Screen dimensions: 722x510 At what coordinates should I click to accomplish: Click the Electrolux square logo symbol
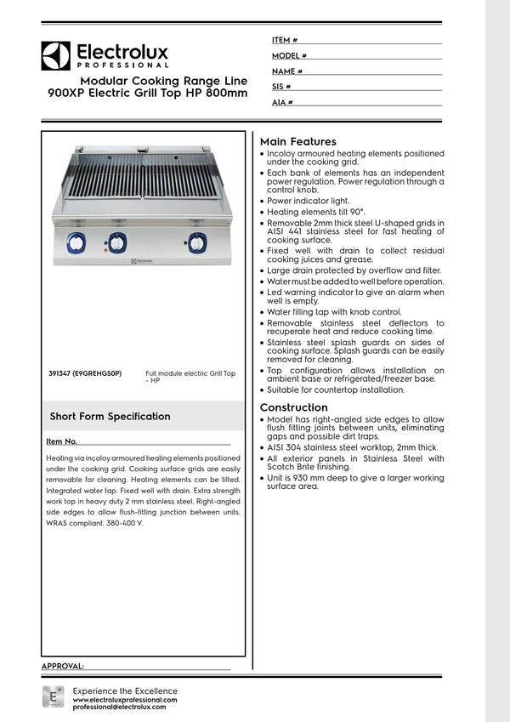coord(55,55)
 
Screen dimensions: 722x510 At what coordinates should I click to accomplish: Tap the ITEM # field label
coord(285,40)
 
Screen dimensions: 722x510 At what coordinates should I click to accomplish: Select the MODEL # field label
coord(289,55)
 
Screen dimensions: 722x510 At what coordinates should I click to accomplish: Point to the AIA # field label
coord(282,102)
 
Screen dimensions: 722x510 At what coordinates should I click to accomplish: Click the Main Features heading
coord(297,141)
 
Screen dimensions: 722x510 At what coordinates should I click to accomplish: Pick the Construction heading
coord(293,407)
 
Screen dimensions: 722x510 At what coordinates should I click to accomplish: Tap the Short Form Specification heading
coord(110,417)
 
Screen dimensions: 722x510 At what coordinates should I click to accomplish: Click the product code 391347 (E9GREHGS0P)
coord(86,372)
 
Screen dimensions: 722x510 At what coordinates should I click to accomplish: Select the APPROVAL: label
coord(62,666)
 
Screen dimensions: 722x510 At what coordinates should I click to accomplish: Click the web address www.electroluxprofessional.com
coord(125,699)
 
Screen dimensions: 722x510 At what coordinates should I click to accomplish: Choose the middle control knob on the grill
coord(117,242)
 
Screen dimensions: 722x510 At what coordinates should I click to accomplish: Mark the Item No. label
coord(62,442)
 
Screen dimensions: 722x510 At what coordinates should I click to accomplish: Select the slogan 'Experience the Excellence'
coord(125,691)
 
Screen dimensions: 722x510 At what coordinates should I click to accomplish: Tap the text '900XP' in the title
coord(68,93)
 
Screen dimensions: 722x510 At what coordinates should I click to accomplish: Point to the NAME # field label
coord(287,71)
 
